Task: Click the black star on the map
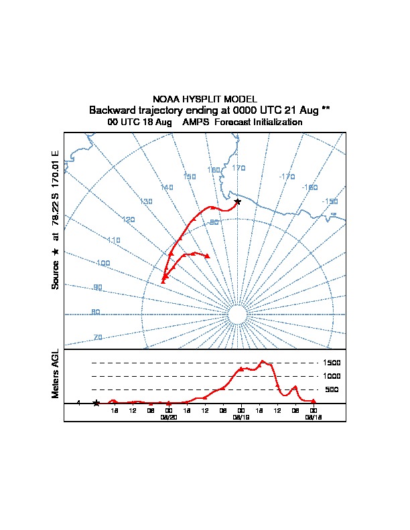(237, 201)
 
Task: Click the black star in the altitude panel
(96, 403)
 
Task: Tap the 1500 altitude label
(332, 363)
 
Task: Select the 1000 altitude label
(332, 376)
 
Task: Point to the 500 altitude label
(332, 389)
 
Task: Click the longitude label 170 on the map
(238, 168)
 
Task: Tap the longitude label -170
(287, 176)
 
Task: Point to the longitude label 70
(98, 337)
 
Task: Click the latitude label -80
(214, 222)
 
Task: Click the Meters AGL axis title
(56, 373)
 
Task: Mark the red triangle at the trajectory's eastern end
(208, 256)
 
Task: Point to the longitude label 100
(102, 264)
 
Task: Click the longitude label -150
(330, 201)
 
